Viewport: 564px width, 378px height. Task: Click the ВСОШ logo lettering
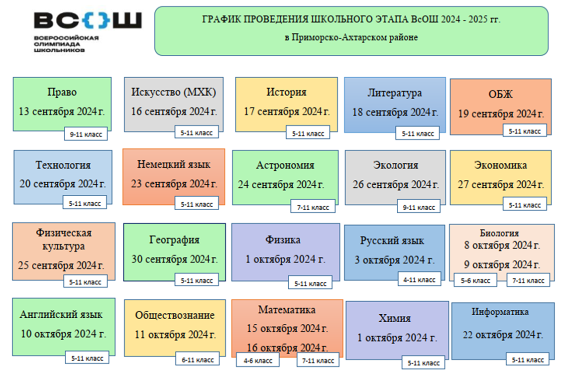[88, 20]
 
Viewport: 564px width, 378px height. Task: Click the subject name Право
[62, 92]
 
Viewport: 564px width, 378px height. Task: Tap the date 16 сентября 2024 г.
[174, 112]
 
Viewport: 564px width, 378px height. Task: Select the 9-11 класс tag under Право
[86, 134]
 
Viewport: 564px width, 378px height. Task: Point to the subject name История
[286, 92]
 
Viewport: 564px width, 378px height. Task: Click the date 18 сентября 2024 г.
[395, 113]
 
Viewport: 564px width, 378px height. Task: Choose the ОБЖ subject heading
[500, 94]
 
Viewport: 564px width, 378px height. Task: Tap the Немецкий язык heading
[174, 164]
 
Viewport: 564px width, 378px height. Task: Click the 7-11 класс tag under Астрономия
[313, 207]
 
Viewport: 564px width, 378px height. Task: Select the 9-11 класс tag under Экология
[419, 207]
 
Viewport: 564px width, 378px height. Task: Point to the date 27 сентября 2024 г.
[501, 185]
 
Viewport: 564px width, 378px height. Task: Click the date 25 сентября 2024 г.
[61, 265]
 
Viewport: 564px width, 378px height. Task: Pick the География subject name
[174, 240]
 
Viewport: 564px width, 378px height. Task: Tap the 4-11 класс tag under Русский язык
[420, 280]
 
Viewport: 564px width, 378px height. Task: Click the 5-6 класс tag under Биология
[475, 280]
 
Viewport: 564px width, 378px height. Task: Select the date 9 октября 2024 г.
[502, 264]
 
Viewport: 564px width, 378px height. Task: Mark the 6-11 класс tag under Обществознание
[198, 360]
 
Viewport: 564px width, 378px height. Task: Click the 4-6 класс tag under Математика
[258, 361]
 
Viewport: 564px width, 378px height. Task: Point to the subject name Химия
[395, 318]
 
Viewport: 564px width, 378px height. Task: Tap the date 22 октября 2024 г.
[503, 335]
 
